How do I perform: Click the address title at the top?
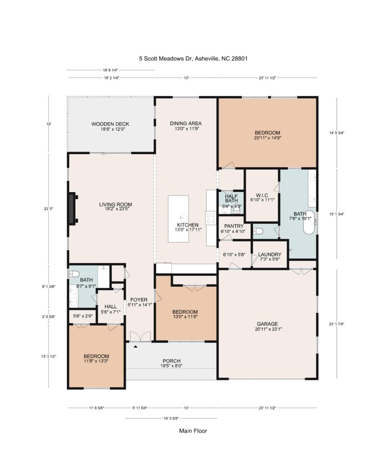coord(193,58)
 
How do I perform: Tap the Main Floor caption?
coord(193,431)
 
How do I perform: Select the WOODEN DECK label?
coord(110,124)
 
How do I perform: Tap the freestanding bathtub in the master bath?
coord(309,223)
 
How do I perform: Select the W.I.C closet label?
coord(262,195)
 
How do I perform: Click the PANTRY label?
coord(234,226)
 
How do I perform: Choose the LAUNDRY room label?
coord(270,254)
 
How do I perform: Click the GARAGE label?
coord(267,324)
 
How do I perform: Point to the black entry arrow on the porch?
coord(135,346)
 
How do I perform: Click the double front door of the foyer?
coord(140,337)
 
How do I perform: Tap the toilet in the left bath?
coord(74,273)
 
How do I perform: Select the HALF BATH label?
coord(231,199)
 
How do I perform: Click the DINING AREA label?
coord(186,124)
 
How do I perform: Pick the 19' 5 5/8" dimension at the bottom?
coord(171,418)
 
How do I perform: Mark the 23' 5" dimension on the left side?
coord(49,209)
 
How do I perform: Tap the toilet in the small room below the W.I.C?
coord(258,231)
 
